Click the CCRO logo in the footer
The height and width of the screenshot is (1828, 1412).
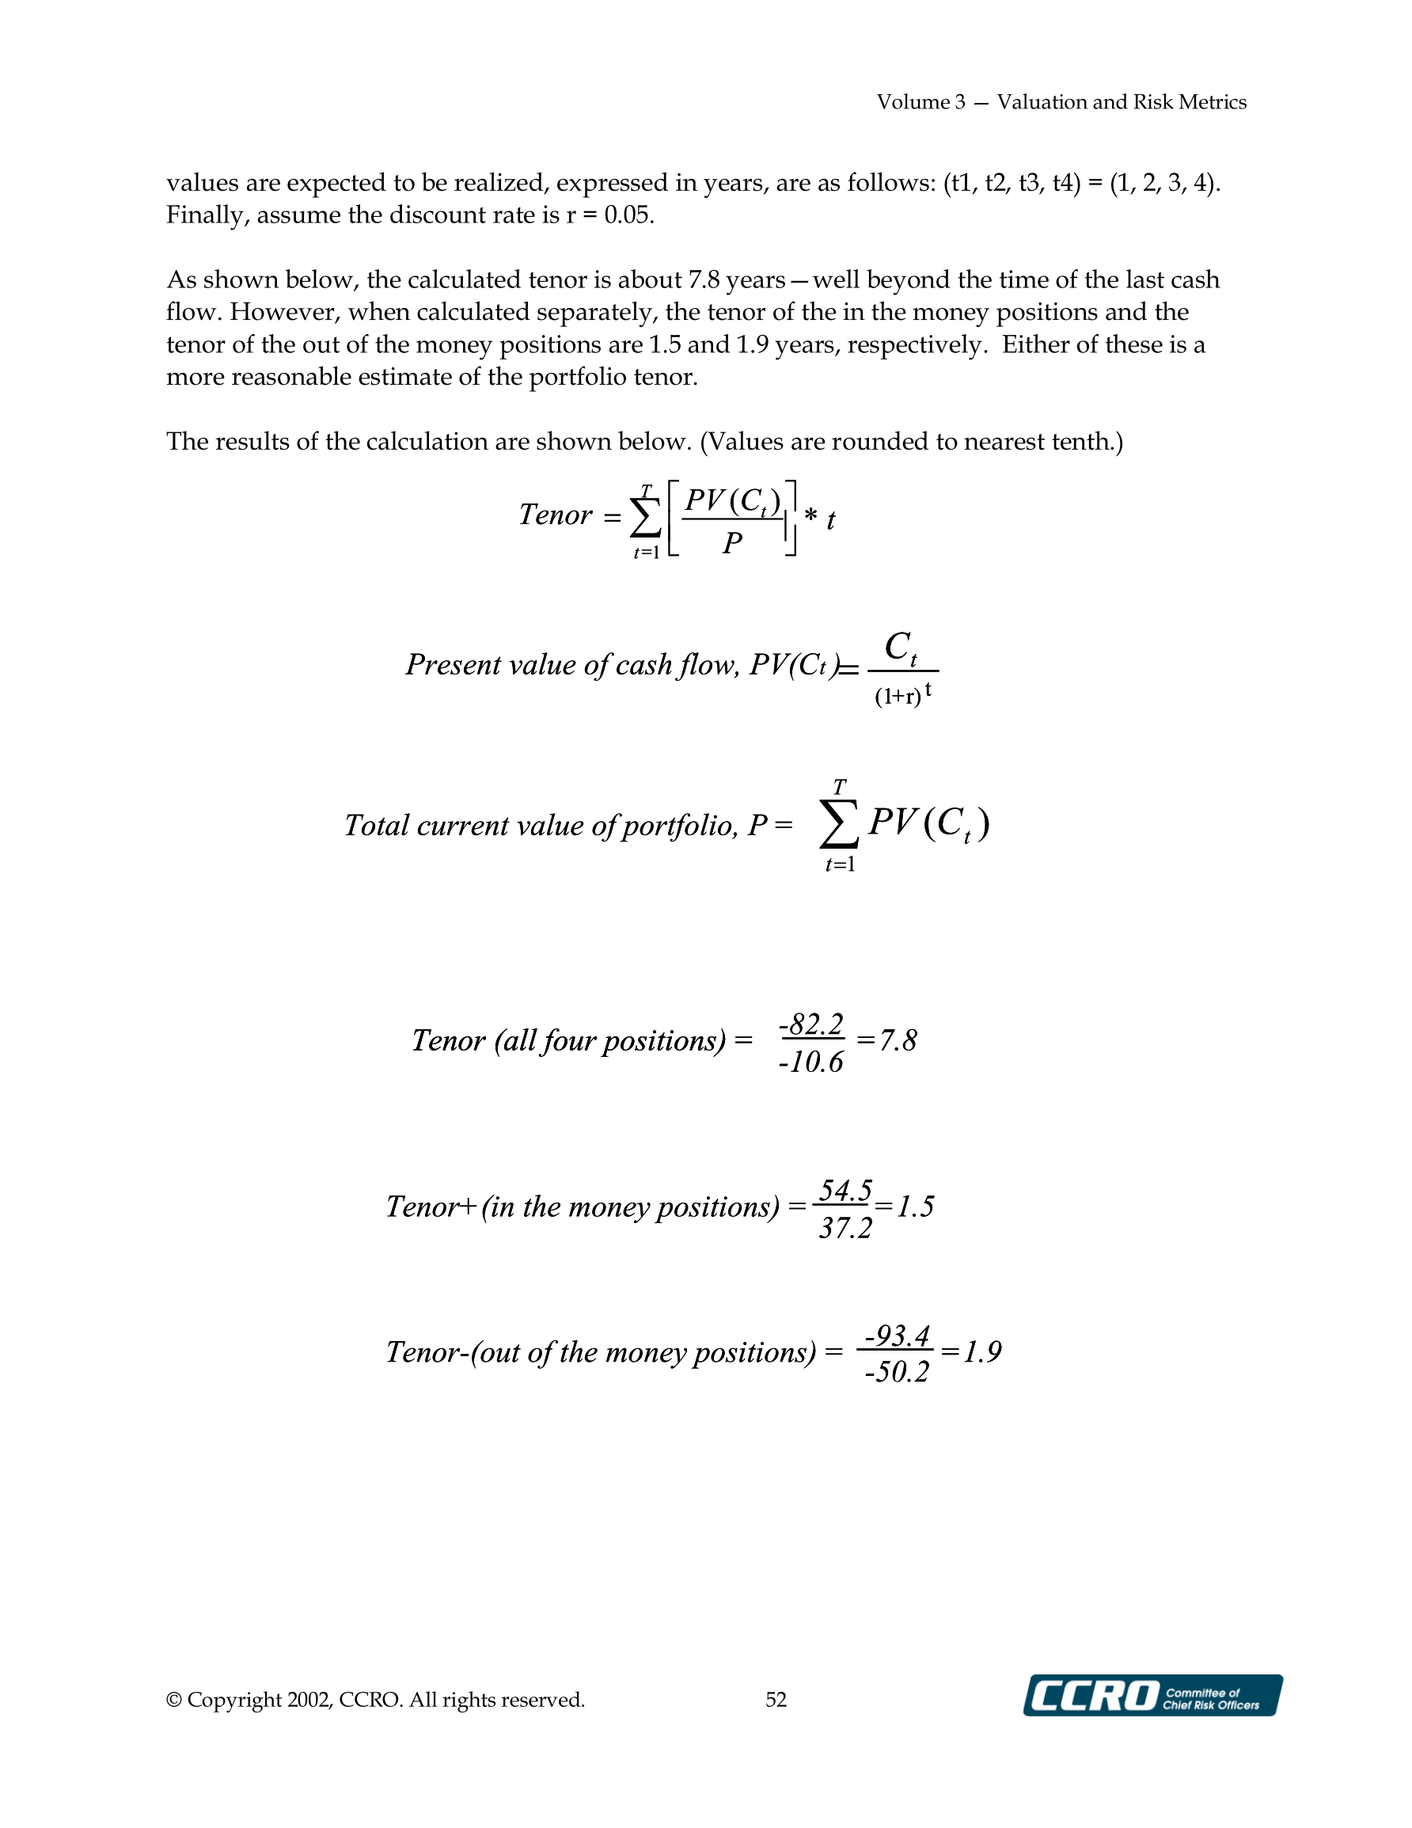(1152, 1695)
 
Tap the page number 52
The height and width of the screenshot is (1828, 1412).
(776, 1699)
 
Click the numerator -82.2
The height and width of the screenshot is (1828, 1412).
(811, 1024)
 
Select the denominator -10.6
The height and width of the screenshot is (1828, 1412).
(811, 1062)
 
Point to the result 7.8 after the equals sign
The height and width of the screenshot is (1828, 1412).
(898, 1040)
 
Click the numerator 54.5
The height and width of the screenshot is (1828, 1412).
(845, 1189)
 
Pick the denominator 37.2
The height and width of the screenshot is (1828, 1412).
(845, 1228)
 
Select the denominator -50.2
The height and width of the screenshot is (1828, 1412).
(897, 1372)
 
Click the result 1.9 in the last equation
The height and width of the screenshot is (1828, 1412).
(983, 1351)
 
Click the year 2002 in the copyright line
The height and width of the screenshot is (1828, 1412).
(309, 1700)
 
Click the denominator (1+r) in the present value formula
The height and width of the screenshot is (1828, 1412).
(898, 696)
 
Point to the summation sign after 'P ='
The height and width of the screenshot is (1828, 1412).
(839, 824)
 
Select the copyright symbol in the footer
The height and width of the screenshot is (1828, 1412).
(174, 1700)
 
